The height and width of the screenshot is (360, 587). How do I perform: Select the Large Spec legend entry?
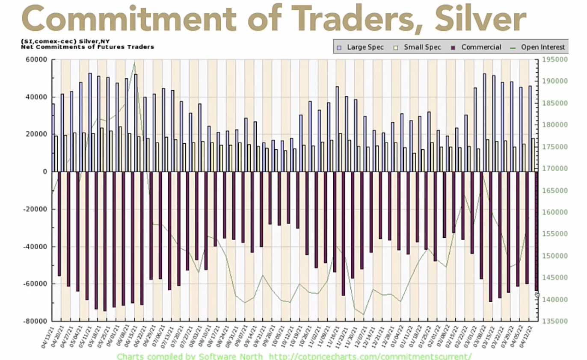coord(362,47)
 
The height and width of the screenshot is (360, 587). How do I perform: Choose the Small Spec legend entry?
coord(418,47)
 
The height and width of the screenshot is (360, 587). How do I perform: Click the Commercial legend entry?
coord(477,47)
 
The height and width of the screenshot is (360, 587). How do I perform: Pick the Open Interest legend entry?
coord(539,47)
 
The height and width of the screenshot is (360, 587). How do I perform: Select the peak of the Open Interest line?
coord(135,63)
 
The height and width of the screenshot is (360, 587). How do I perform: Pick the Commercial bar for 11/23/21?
coord(343,233)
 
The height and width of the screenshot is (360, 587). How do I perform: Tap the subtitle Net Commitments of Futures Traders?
coord(88,47)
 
